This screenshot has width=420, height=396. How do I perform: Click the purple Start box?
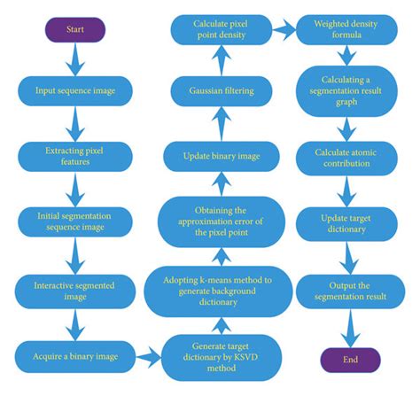click(75, 29)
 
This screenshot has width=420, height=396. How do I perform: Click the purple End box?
click(351, 360)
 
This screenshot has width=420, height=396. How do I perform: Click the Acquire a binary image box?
click(76, 356)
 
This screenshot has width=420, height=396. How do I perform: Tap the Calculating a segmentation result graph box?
click(350, 91)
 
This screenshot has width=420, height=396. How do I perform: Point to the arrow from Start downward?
click(75, 58)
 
